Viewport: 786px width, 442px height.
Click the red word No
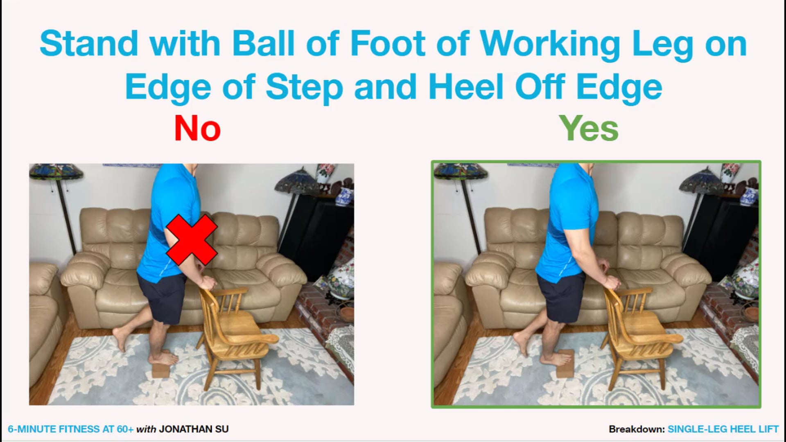pos(197,129)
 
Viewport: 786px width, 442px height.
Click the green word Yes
pos(588,129)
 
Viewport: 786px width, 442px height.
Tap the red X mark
pos(192,239)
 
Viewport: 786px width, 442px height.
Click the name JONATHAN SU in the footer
pos(194,429)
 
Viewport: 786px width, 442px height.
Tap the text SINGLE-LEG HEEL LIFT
pos(723,429)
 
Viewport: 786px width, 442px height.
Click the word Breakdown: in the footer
pos(636,429)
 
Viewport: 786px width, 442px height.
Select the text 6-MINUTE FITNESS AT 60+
pos(70,429)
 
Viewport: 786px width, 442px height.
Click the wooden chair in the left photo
pos(233,331)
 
